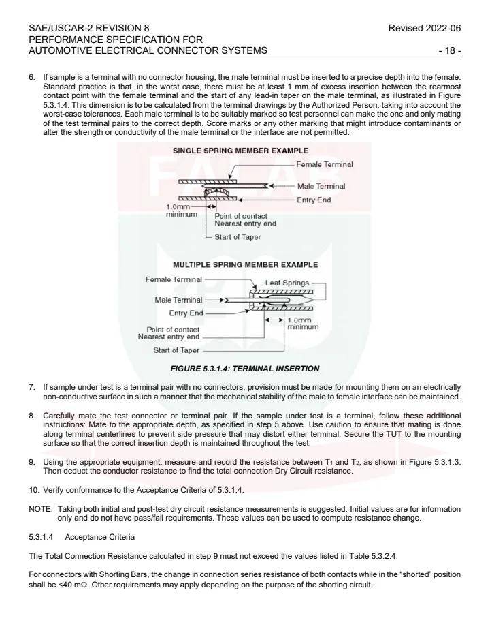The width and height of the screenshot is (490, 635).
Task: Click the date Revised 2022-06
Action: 424,28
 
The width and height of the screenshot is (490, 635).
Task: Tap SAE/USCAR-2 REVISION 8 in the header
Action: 89,28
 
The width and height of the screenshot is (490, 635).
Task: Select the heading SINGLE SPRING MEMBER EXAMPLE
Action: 240,151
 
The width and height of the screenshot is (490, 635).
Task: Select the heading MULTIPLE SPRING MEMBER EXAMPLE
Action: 245,264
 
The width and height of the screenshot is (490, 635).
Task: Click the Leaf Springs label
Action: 287,283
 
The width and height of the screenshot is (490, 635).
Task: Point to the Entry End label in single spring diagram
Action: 314,200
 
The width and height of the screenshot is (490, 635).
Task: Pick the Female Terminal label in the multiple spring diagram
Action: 174,279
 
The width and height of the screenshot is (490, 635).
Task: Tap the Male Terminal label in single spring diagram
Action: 321,186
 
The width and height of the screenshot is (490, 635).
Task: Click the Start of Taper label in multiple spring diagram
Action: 176,350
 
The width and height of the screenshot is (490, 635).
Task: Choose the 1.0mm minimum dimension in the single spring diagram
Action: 182,210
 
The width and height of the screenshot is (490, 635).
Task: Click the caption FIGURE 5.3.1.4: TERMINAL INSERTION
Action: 244,369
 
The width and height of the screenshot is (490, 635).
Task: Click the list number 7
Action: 31,387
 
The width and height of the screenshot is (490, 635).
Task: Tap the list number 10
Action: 34,490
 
